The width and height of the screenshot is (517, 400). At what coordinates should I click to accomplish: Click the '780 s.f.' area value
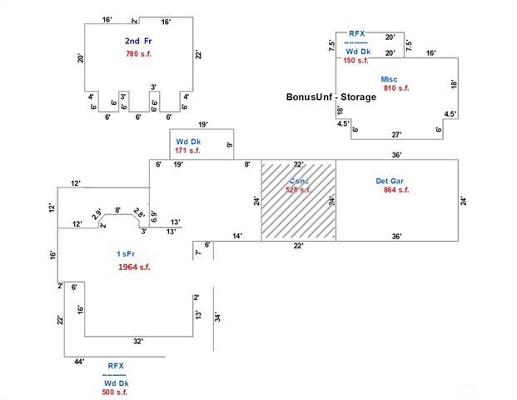pos(140,54)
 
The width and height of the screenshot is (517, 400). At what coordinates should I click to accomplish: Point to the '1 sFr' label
pos(128,252)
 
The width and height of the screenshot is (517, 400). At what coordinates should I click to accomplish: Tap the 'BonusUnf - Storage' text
pos(331,97)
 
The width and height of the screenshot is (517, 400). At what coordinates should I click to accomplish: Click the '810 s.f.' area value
pos(396,87)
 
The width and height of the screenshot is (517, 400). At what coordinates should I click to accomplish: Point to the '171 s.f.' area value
pos(189,151)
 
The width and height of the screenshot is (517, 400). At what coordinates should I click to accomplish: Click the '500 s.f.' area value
pos(115,392)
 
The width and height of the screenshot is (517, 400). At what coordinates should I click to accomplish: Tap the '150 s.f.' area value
pos(355,61)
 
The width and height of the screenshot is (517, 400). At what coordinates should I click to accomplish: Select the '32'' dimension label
pos(137,341)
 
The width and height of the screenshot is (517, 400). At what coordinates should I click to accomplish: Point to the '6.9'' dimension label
pos(154,215)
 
